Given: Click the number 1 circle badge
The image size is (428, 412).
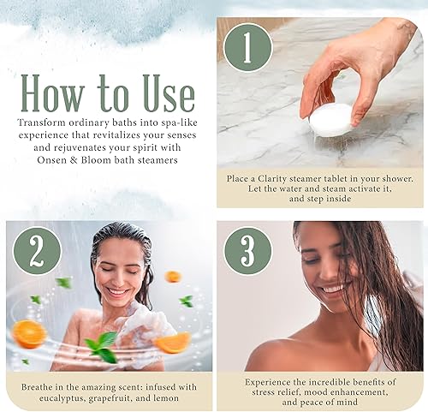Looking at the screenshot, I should (x=247, y=48).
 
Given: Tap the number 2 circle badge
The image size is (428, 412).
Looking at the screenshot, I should (x=36, y=251).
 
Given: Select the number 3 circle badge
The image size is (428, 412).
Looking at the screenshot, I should (x=247, y=251).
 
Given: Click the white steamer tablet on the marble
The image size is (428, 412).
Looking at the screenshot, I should (x=330, y=120).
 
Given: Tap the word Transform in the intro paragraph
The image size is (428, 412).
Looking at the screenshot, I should (x=40, y=122).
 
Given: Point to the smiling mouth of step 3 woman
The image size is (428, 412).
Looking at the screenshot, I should (x=331, y=288).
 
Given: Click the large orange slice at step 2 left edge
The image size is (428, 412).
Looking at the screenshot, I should (x=28, y=333).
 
